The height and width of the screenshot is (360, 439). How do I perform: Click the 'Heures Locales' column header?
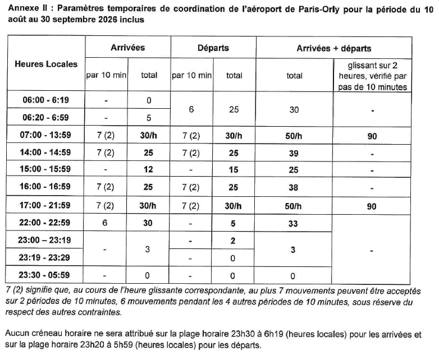(x=46, y=64)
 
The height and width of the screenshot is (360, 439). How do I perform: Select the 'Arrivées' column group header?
(x=127, y=48)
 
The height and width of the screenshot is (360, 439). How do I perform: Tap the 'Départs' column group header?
(x=213, y=48)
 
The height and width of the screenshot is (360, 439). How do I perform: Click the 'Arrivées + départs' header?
(x=333, y=48)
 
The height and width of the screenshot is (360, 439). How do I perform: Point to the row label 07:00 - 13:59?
(x=46, y=136)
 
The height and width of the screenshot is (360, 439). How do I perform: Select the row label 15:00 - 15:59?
(x=46, y=169)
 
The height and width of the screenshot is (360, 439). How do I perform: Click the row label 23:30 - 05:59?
(x=46, y=275)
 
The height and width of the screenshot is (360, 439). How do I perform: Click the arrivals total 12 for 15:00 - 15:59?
(x=149, y=169)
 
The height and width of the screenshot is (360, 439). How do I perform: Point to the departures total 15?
(x=234, y=169)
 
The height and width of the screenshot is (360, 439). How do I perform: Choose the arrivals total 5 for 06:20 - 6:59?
(x=149, y=118)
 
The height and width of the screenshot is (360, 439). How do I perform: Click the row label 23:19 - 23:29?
(x=46, y=259)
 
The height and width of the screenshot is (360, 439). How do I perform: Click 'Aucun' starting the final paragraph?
(x=17, y=335)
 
